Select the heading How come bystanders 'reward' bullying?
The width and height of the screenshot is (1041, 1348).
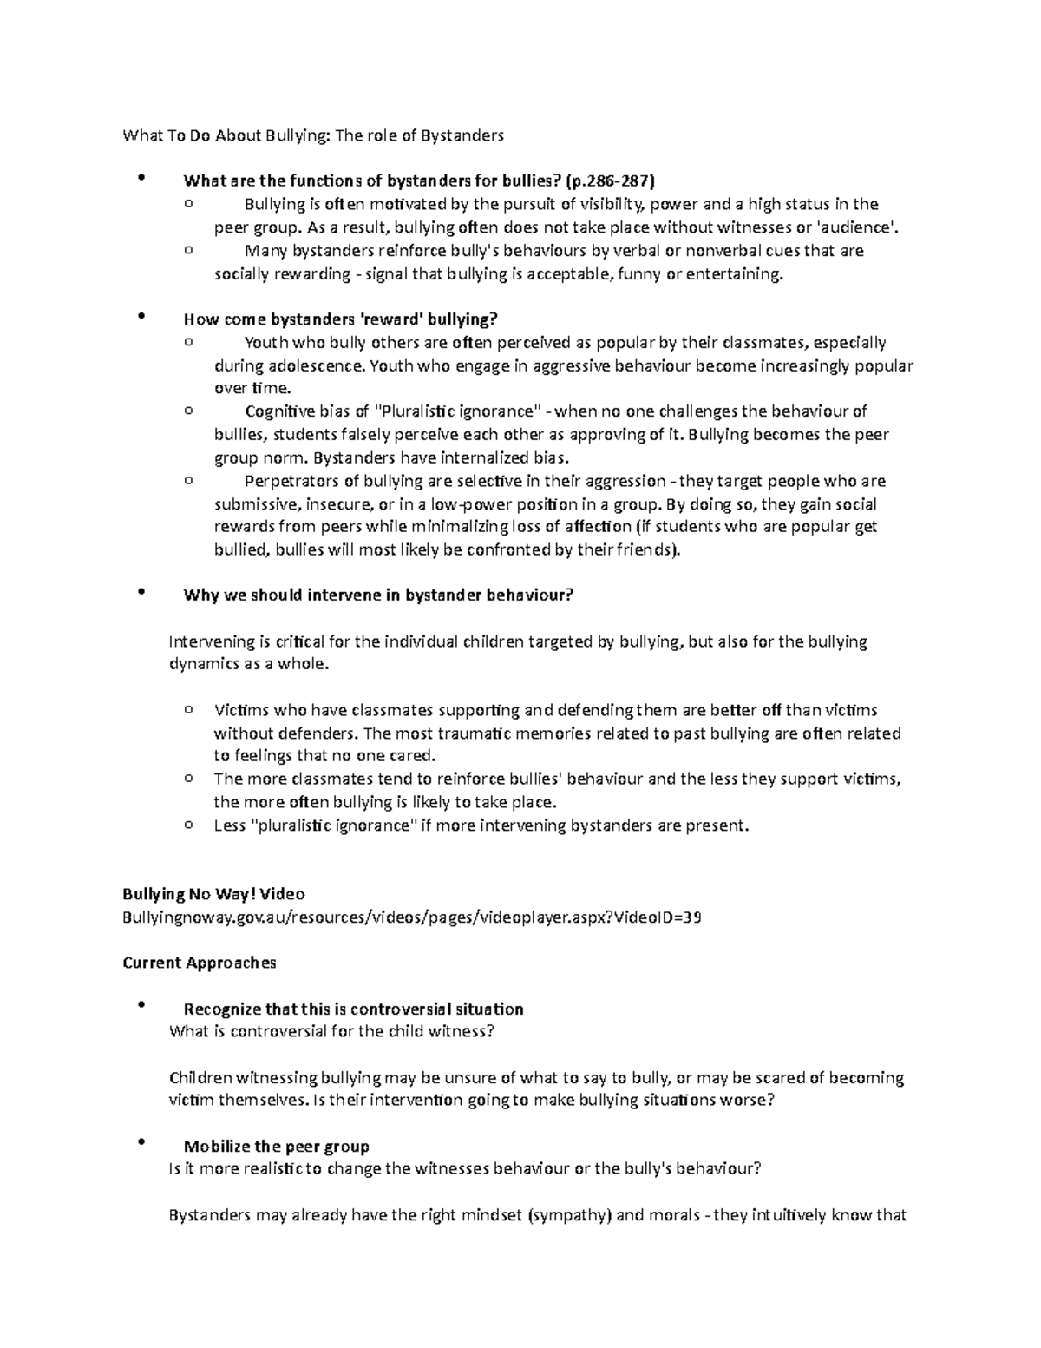341,319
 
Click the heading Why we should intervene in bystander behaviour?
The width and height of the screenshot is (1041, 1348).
378,595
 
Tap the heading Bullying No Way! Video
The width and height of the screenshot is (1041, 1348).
213,894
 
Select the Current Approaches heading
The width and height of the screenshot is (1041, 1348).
200,963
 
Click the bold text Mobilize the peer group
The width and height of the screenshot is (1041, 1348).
277,1147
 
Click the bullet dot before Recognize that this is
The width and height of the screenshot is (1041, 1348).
140,1005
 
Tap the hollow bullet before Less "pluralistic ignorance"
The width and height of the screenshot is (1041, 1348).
188,825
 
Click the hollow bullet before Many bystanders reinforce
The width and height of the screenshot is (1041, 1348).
188,250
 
